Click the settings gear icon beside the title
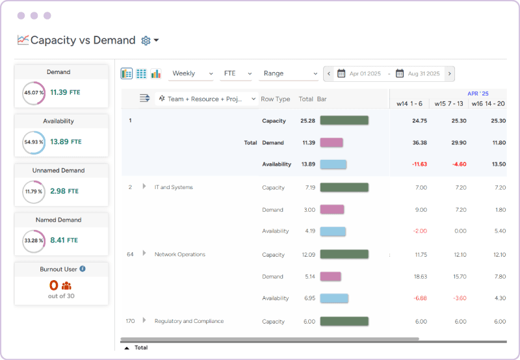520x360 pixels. click(146, 40)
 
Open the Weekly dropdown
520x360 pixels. click(191, 73)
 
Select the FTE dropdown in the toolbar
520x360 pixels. click(237, 73)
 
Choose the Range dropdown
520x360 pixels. click(289, 73)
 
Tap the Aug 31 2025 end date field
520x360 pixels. click(423, 73)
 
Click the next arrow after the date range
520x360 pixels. click(450, 73)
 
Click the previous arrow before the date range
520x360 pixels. click(329, 73)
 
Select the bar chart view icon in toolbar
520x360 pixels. click(156, 73)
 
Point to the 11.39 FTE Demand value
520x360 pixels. click(65, 92)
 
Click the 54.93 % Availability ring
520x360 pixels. click(33, 142)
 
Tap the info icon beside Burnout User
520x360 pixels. click(83, 268)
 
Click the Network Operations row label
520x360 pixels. click(179, 254)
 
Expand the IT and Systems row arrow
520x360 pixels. click(144, 187)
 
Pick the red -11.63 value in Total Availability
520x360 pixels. click(419, 164)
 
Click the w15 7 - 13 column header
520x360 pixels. click(448, 103)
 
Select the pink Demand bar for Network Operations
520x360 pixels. click(330, 276)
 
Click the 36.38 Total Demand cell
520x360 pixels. click(419, 142)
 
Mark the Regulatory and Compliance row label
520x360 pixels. click(188, 321)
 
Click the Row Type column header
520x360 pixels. click(275, 99)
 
